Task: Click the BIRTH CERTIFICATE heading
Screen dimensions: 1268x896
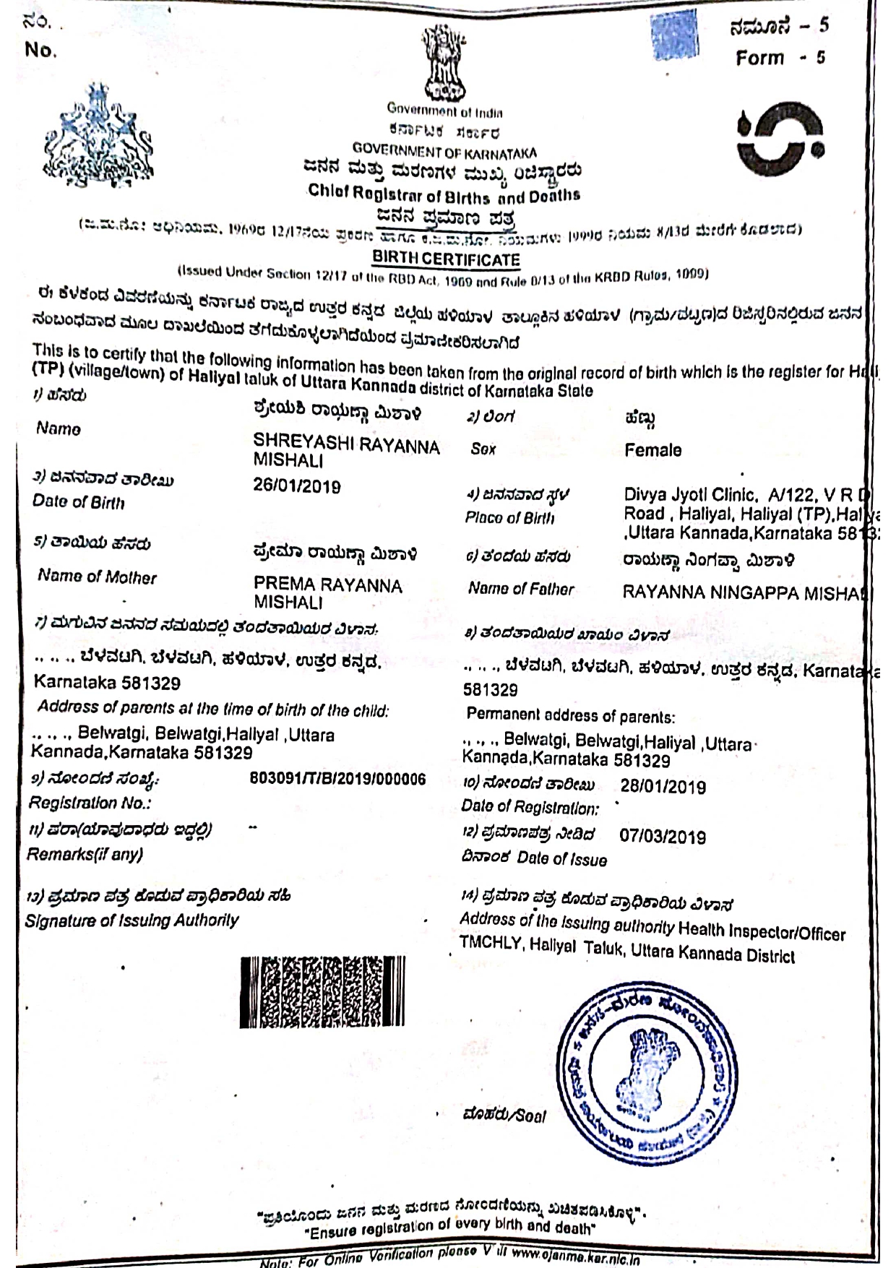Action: (x=446, y=259)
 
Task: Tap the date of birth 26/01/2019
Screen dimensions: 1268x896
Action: (x=296, y=486)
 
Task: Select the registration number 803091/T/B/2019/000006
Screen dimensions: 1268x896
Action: (x=337, y=779)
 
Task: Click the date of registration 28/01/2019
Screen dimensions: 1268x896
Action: (x=663, y=787)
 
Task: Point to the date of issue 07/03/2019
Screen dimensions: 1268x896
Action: (x=662, y=837)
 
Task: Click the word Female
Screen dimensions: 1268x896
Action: (x=652, y=450)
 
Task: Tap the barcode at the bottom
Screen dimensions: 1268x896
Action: (x=322, y=991)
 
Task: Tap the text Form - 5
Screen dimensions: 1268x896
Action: (x=780, y=58)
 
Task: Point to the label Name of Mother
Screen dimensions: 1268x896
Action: (x=97, y=577)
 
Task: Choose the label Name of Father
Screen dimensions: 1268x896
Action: (x=520, y=589)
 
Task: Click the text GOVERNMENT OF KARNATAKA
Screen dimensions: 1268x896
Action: (x=444, y=152)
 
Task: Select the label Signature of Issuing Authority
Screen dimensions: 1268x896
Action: (x=132, y=920)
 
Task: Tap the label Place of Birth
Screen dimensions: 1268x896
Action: (x=509, y=518)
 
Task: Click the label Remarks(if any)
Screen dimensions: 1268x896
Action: (x=85, y=854)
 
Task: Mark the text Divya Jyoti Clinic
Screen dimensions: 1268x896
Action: (x=690, y=495)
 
